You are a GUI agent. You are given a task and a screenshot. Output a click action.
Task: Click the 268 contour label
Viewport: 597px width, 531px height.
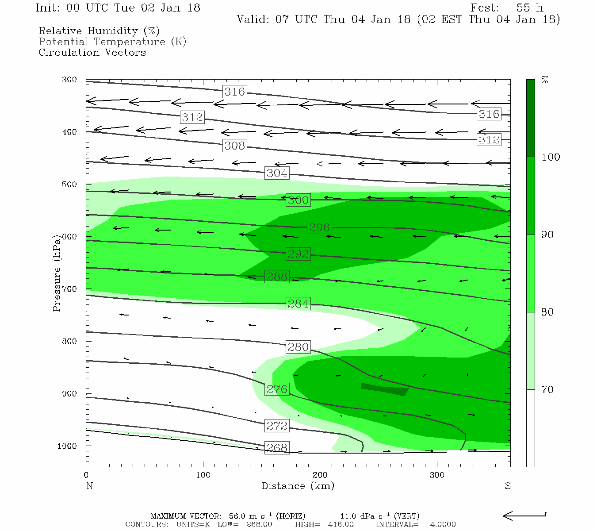pos(277,448)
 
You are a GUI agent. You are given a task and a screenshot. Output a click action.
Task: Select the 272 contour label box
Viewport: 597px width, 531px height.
pos(277,426)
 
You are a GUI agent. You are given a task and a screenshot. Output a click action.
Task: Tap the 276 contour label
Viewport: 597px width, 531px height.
pos(277,389)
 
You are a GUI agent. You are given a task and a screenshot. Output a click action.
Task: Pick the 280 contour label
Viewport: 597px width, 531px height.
pos(298,347)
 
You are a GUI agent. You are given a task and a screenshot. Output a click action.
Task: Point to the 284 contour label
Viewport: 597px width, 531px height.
pos(298,304)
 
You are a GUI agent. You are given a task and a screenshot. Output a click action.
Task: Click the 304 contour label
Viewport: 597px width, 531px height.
pos(277,173)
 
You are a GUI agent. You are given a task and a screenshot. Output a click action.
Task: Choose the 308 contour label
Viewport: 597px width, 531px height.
pos(234,146)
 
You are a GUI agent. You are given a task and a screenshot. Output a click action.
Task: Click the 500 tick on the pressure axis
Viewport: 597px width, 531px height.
pos(69,185)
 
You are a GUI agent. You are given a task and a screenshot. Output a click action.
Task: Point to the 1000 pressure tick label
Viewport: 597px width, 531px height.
pos(67,446)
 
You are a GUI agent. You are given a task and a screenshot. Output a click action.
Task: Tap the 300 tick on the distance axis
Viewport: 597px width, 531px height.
pos(437,475)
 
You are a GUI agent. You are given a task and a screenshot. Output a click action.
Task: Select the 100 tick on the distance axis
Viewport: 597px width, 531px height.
pos(203,475)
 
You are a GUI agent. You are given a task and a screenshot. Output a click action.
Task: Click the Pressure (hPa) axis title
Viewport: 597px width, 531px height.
pos(56,273)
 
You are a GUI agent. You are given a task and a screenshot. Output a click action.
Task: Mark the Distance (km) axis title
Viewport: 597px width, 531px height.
pos(298,486)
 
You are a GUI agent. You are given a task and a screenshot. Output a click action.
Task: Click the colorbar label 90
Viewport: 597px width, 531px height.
pos(547,235)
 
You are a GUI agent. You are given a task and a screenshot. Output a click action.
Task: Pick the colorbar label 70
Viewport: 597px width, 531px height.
pos(547,390)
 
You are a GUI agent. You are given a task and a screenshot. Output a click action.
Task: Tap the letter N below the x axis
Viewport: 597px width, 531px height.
pos(89,486)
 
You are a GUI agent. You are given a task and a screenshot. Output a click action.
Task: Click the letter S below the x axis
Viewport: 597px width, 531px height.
pos(508,486)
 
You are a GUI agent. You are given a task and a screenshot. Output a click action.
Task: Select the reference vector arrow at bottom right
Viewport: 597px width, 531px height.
pos(524,516)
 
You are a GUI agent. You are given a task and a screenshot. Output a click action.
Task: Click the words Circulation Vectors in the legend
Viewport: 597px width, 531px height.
pos(92,53)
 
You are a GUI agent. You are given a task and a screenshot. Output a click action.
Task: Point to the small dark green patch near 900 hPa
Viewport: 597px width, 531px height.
pos(384,389)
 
